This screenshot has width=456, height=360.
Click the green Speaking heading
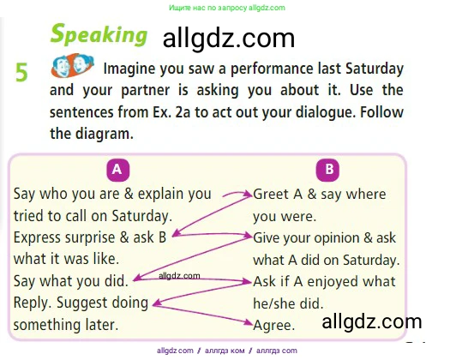[99, 35]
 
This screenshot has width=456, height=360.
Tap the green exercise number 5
[21, 72]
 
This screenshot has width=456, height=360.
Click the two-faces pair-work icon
[72, 65]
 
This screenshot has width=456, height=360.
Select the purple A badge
[117, 170]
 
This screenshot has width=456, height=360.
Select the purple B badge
[327, 170]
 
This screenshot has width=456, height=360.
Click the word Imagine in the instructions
[129, 69]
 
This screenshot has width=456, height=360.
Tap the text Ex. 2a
[171, 112]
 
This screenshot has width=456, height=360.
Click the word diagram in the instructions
[104, 134]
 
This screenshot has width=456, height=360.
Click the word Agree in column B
[274, 325]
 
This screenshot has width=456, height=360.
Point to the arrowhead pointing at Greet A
[248, 194]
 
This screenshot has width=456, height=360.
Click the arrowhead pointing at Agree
[248, 322]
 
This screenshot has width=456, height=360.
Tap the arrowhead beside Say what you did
[137, 279]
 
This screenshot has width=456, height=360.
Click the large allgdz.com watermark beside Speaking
[229, 39]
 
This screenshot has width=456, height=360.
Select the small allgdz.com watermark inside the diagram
[179, 275]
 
